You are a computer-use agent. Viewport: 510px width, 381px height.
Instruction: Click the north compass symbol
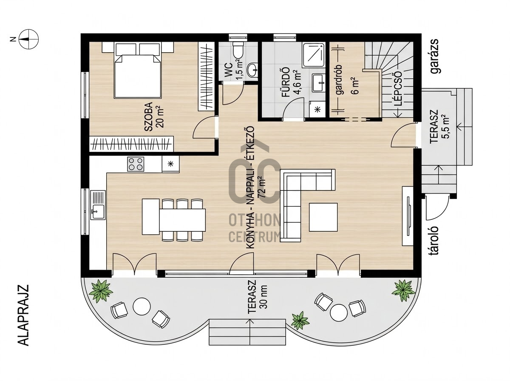[x=28, y=39]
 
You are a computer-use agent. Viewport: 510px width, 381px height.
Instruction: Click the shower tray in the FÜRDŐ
[x=313, y=55]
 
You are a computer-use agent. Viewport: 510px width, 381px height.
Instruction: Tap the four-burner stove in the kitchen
[x=136, y=164]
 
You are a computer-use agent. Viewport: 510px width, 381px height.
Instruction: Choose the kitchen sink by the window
[x=98, y=205]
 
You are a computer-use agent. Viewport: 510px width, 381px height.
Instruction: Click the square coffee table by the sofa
[x=323, y=217]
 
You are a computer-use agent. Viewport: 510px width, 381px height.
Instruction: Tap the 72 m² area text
[x=263, y=186]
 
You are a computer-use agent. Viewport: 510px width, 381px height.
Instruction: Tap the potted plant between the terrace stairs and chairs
[x=300, y=321]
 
